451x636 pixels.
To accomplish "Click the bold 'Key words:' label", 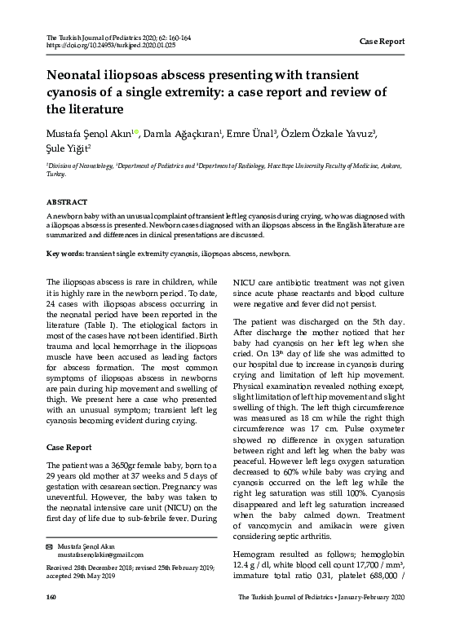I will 62,254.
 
